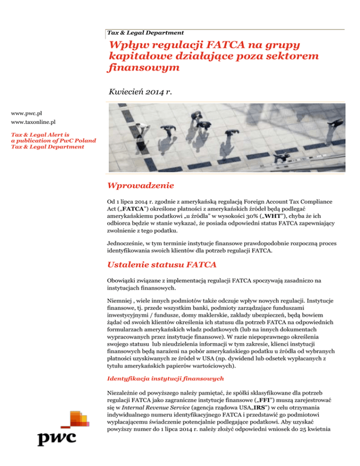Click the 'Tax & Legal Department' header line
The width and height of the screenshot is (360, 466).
tap(145, 33)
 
